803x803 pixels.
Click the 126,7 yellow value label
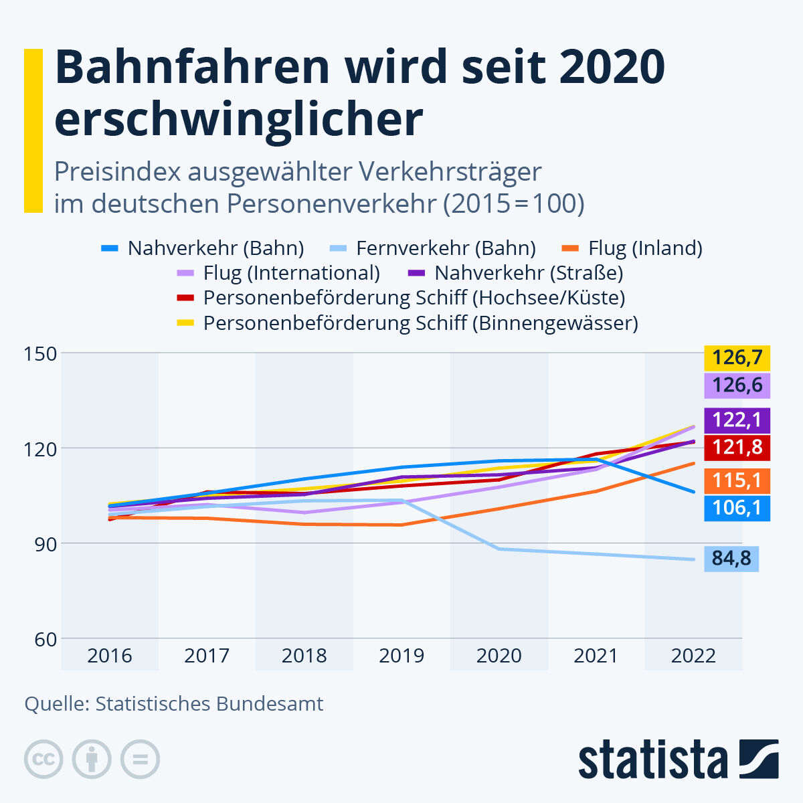pyautogui.click(x=737, y=358)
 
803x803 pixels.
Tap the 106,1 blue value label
pyautogui.click(x=737, y=508)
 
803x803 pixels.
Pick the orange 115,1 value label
pyautogui.click(x=737, y=480)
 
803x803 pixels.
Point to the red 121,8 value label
pyautogui.click(x=737, y=447)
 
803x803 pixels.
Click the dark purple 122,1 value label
pyautogui.click(x=737, y=420)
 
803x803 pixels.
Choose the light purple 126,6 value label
pyautogui.click(x=737, y=385)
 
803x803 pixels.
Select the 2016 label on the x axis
pyautogui.click(x=110, y=656)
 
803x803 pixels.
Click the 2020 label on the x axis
pyautogui.click(x=499, y=656)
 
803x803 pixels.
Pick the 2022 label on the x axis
pyautogui.click(x=693, y=656)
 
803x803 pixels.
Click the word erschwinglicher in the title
pyautogui.click(x=238, y=119)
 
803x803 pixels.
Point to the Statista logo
pyautogui.click(x=678, y=760)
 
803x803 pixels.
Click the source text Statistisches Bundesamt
pyautogui.click(x=209, y=704)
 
